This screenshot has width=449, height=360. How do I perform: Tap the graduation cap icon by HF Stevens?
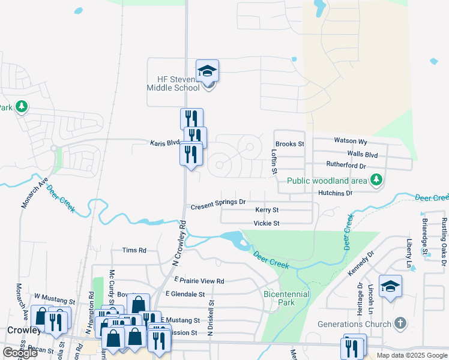pos(208,71)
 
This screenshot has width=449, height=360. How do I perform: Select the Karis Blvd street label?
pos(164,143)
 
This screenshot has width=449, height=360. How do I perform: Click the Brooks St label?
pos(290,144)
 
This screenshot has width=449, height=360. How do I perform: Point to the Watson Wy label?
pos(350,141)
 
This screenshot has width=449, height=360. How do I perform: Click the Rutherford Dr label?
pos(346,165)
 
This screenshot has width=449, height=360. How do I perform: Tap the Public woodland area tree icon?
pos(376,180)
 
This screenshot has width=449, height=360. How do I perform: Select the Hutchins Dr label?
pos(336,193)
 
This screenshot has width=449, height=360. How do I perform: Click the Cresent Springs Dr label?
pos(218,206)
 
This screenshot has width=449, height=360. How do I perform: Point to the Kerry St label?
pos(267,210)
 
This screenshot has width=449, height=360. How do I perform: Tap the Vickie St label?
pos(267,223)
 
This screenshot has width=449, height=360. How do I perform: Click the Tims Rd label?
pos(134,250)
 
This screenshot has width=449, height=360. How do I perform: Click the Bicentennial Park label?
pos(286,298)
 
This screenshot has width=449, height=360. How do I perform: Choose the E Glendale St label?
pos(185,295)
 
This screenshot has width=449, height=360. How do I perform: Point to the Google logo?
pos(20,353)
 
